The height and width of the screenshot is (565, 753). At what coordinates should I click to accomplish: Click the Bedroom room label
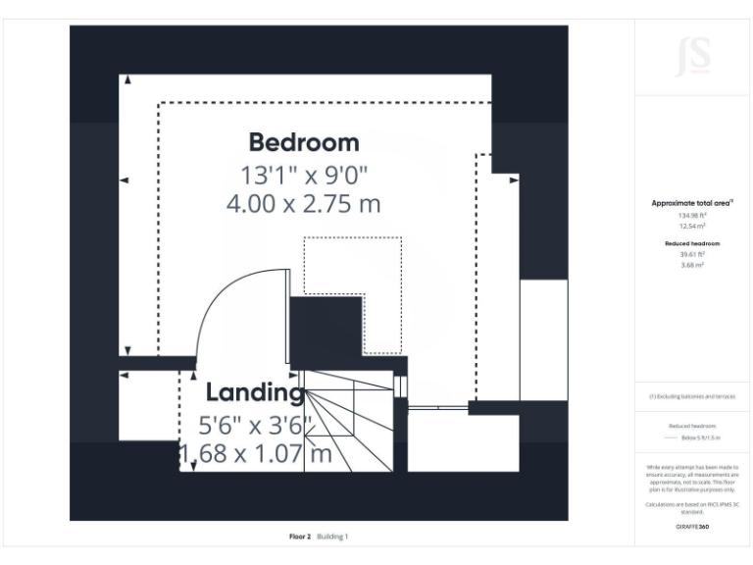[x=303, y=142]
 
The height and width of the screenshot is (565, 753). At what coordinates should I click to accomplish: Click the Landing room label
[x=254, y=393]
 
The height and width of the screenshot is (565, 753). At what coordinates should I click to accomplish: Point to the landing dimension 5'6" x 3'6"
[x=255, y=426]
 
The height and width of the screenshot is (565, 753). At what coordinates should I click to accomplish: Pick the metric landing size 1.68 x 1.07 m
[x=255, y=455]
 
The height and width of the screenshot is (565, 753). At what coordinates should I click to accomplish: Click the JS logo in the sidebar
[x=693, y=58]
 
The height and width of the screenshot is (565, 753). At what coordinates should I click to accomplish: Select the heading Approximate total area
[x=693, y=203]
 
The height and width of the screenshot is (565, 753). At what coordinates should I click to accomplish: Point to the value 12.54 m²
[x=693, y=226]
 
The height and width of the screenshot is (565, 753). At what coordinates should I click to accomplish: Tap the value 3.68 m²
[x=693, y=264]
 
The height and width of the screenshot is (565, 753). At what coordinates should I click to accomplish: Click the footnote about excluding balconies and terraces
[x=693, y=396]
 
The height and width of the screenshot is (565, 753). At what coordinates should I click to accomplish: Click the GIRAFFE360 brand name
[x=693, y=527]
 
